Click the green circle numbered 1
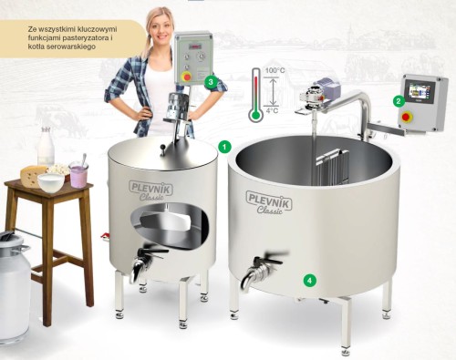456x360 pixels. [224, 147]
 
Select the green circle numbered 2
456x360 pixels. [399, 101]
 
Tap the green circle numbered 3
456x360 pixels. [211, 82]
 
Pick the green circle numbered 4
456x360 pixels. [309, 280]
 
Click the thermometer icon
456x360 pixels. [255, 95]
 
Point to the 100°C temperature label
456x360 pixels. [275, 70]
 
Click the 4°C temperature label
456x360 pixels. [272, 110]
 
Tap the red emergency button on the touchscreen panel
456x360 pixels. [406, 117]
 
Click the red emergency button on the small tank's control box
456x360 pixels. [187, 77]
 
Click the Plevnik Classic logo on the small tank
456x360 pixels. [151, 190]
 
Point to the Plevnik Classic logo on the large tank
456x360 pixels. [269, 202]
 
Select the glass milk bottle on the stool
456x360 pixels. [47, 148]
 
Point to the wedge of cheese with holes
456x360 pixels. [32, 175]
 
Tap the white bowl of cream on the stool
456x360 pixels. [51, 182]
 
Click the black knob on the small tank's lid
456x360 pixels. [162, 149]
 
